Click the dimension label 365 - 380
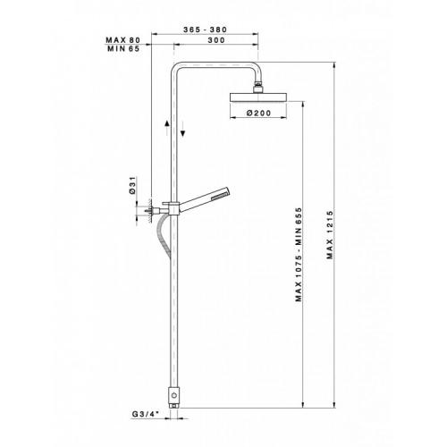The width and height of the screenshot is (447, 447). (205, 30)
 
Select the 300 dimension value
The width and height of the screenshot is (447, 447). (216, 40)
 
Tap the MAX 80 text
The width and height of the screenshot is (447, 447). (123, 40)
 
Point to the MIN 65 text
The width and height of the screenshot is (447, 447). (123, 48)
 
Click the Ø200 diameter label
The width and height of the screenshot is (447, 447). (259, 113)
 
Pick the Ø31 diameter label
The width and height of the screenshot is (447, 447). (132, 185)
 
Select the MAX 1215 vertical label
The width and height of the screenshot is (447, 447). (330, 235)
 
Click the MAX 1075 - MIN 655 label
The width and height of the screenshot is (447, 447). (299, 255)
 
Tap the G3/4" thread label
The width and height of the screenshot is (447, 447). (146, 414)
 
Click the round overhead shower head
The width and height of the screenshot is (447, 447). (258, 97)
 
